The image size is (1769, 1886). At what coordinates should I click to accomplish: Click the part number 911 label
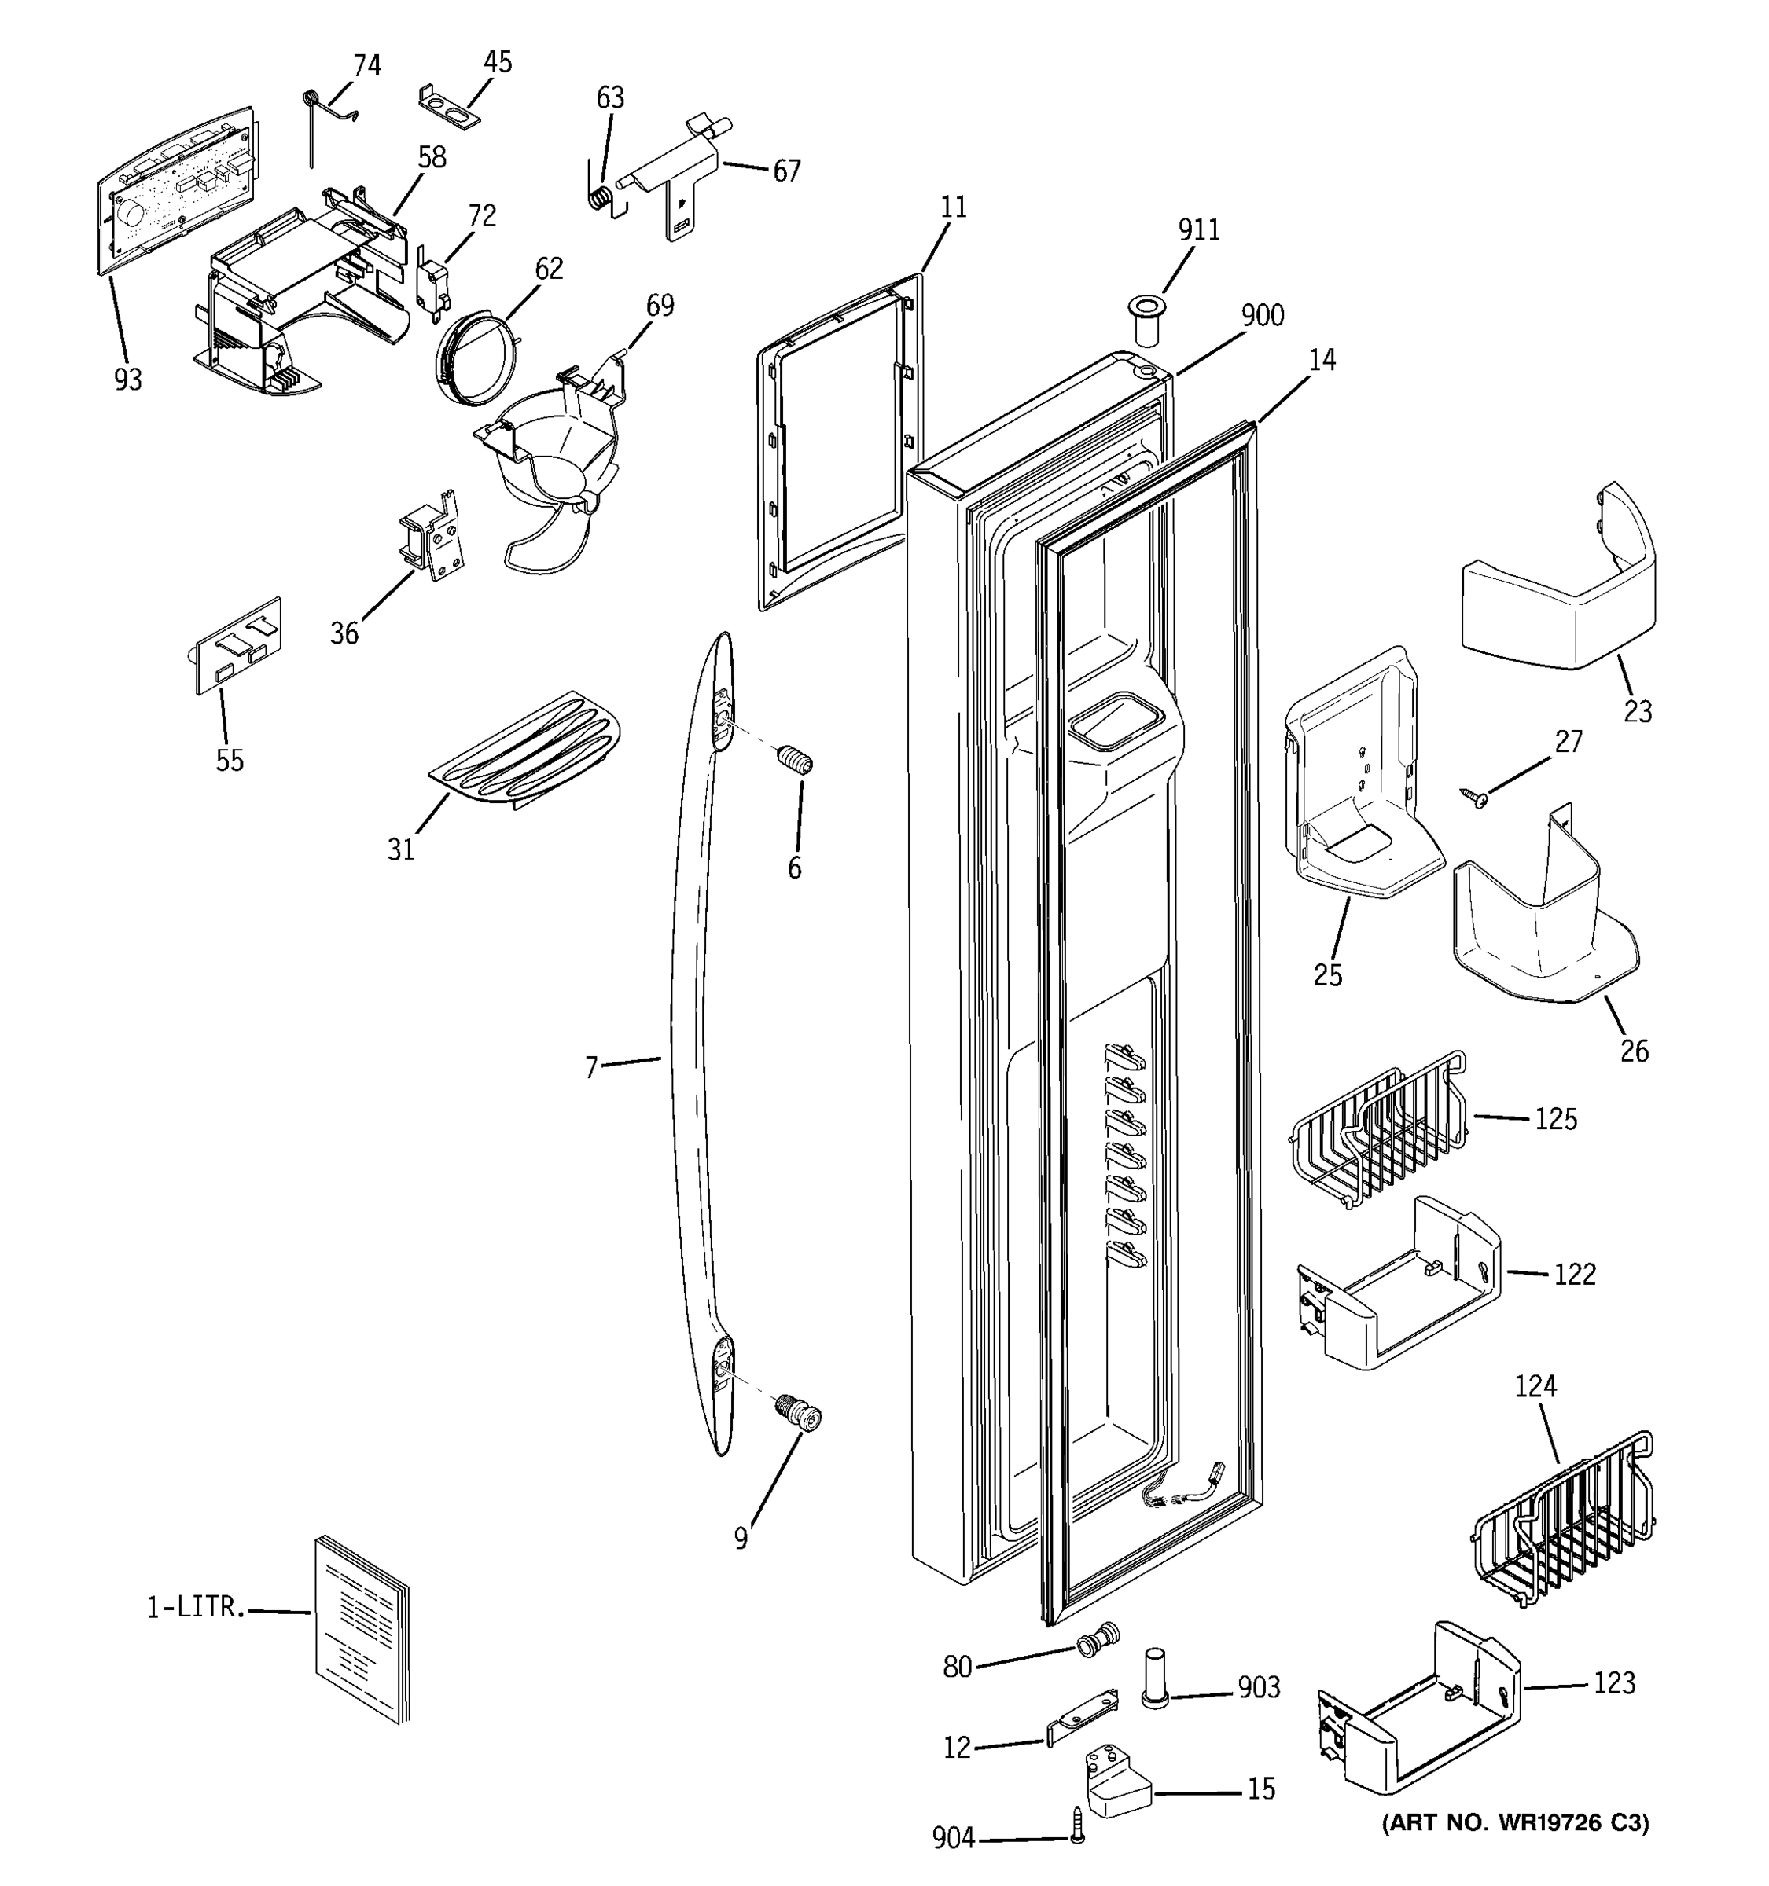[1199, 230]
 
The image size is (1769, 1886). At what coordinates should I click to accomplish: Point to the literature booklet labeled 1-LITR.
[362, 1628]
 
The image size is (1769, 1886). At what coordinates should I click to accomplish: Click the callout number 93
[128, 380]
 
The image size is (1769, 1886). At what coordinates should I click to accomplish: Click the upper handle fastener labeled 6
[794, 760]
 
